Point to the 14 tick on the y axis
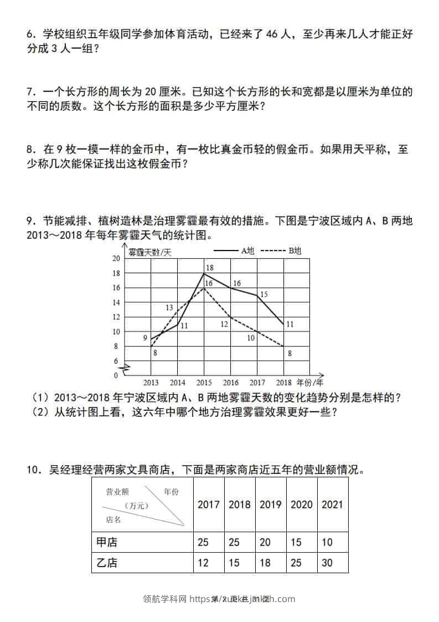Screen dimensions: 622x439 [x=116, y=303]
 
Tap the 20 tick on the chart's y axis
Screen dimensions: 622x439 [x=116, y=259]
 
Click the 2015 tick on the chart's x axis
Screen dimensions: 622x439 [x=204, y=383]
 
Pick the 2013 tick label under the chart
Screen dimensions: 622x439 [x=151, y=383]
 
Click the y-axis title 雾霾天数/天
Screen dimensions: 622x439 [x=150, y=252]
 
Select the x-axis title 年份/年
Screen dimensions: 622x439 [x=309, y=382]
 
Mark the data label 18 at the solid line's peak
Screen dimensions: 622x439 [x=209, y=268]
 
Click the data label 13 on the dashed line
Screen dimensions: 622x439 [x=169, y=308]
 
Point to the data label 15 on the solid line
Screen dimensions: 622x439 [x=264, y=294]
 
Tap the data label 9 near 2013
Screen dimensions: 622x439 [x=145, y=338]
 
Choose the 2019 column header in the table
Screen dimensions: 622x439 [x=271, y=504]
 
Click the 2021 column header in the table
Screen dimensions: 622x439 [x=332, y=504]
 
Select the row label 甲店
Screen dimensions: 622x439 [x=107, y=542]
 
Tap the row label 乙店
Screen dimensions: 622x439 [x=107, y=563]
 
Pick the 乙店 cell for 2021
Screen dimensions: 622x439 [x=327, y=563]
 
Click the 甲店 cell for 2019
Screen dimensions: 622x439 [x=265, y=542]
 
